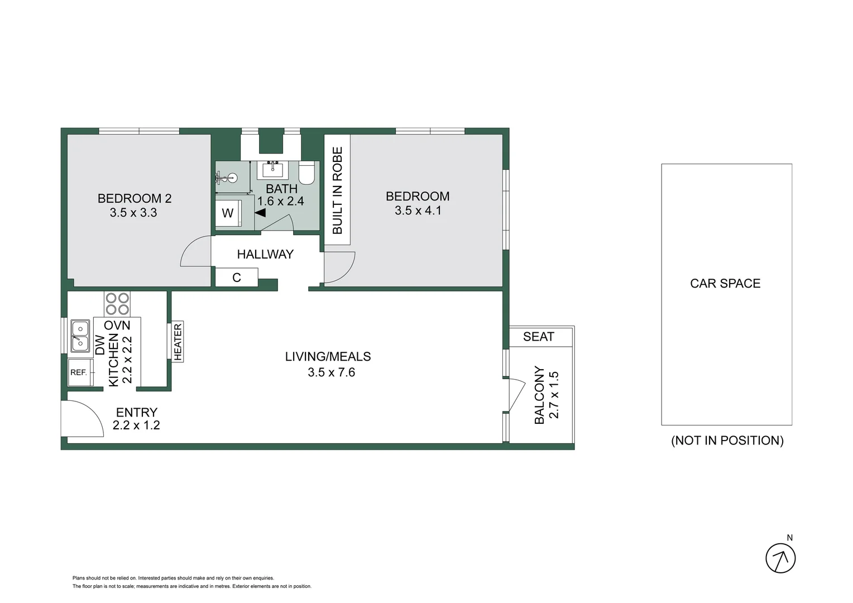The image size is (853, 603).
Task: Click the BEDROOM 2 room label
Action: [135, 198]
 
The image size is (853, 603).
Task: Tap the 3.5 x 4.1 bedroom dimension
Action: [418, 210]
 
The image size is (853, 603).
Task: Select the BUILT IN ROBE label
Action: [337, 190]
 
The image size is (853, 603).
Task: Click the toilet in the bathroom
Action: [307, 173]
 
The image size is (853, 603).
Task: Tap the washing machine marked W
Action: [228, 213]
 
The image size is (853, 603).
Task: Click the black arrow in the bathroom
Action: [260, 212]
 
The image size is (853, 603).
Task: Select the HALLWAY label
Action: [265, 255]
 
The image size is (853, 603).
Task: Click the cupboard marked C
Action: [237, 277]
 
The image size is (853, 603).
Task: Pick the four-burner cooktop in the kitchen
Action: [117, 304]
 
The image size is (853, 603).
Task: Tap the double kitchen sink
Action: [80, 336]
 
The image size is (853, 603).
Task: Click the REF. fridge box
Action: [79, 372]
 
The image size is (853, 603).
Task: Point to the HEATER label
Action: [178, 342]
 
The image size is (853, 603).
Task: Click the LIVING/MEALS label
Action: [328, 357]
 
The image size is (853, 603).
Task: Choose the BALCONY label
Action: [539, 395]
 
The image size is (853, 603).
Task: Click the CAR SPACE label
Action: [725, 284]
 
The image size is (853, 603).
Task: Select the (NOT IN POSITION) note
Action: [727, 441]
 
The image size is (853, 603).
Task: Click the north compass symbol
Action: [780, 557]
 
